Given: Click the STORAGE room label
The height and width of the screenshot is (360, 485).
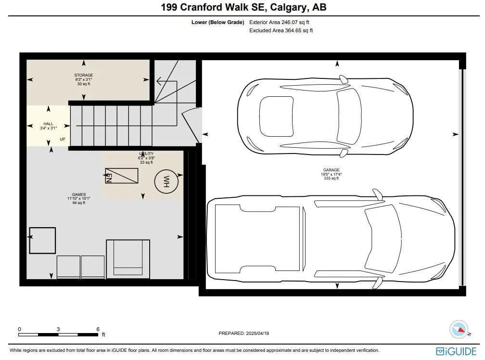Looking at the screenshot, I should click(x=83, y=75).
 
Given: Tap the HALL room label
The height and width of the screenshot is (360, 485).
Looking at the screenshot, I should click(x=48, y=124).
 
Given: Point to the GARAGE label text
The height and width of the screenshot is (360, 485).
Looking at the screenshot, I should click(x=331, y=170).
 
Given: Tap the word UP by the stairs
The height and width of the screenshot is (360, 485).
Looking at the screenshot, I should click(x=63, y=140).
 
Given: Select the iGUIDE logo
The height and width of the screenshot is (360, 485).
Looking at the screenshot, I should click(x=456, y=351).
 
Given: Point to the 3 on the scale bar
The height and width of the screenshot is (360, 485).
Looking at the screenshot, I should click(x=58, y=329).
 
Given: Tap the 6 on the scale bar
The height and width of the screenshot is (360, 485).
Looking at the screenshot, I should click(x=98, y=329).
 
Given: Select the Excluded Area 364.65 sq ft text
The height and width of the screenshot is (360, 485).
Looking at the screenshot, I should click(x=281, y=31).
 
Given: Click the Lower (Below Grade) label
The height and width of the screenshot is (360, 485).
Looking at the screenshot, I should click(x=217, y=23).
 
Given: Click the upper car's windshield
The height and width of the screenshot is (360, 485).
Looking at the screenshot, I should click(x=349, y=116).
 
